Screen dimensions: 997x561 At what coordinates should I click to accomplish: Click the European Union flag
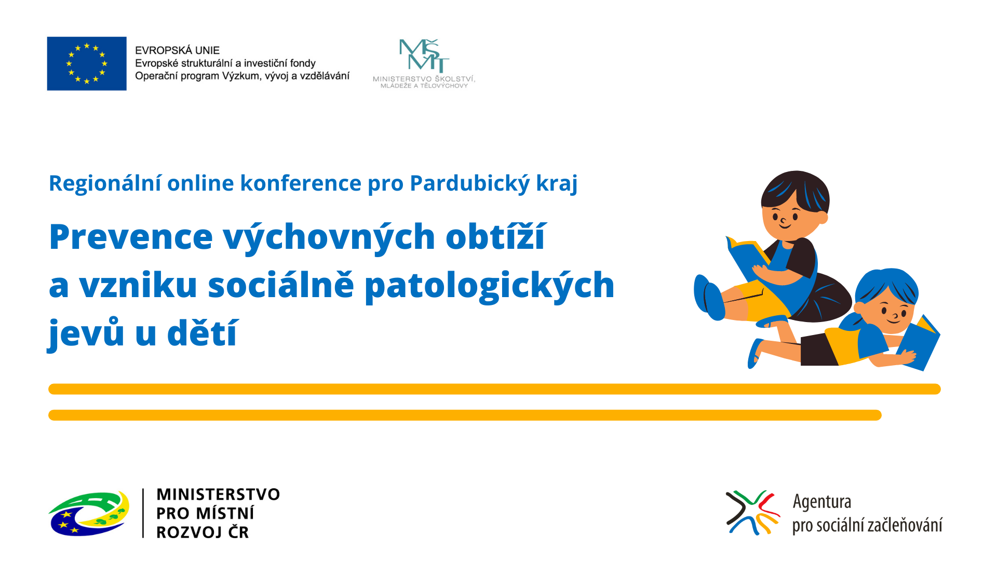click(x=87, y=63)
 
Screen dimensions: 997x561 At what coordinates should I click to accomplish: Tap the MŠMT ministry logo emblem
click(x=424, y=55)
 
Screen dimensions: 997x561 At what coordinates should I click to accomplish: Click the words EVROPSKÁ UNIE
click(x=177, y=50)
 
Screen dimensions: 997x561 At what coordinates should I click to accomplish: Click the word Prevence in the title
click(x=131, y=237)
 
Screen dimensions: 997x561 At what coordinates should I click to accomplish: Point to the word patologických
click(x=489, y=286)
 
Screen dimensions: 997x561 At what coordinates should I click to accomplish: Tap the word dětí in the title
click(x=203, y=332)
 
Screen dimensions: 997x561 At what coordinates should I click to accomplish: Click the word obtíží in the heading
click(x=495, y=237)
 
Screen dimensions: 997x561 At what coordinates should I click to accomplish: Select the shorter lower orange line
click(x=465, y=415)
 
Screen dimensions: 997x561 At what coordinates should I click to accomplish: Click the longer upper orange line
click(x=494, y=389)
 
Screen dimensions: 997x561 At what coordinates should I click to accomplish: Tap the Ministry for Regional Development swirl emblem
click(x=88, y=513)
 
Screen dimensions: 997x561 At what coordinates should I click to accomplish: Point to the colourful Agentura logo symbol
click(x=752, y=513)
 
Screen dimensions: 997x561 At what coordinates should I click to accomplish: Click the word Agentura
click(x=821, y=502)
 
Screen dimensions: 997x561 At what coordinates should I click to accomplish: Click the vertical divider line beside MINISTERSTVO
click(x=143, y=513)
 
